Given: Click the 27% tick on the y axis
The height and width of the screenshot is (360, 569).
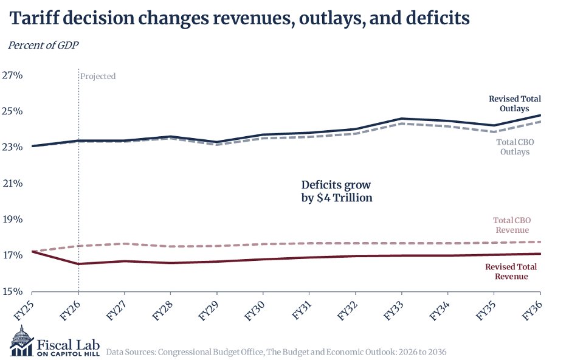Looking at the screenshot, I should click(x=12, y=76).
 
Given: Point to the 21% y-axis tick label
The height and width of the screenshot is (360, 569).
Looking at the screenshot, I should click(x=12, y=184).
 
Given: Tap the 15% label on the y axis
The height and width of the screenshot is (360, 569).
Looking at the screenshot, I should click(x=12, y=291).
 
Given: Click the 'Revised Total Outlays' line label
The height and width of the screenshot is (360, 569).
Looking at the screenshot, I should click(x=514, y=103).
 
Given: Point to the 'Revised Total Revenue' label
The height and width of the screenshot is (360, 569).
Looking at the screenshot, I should click(x=511, y=272).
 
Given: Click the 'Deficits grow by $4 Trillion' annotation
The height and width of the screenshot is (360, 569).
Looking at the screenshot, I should click(x=336, y=191).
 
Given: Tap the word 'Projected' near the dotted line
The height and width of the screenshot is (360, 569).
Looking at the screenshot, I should click(x=98, y=77).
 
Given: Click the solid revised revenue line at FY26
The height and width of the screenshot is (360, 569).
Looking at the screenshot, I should click(x=78, y=264).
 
